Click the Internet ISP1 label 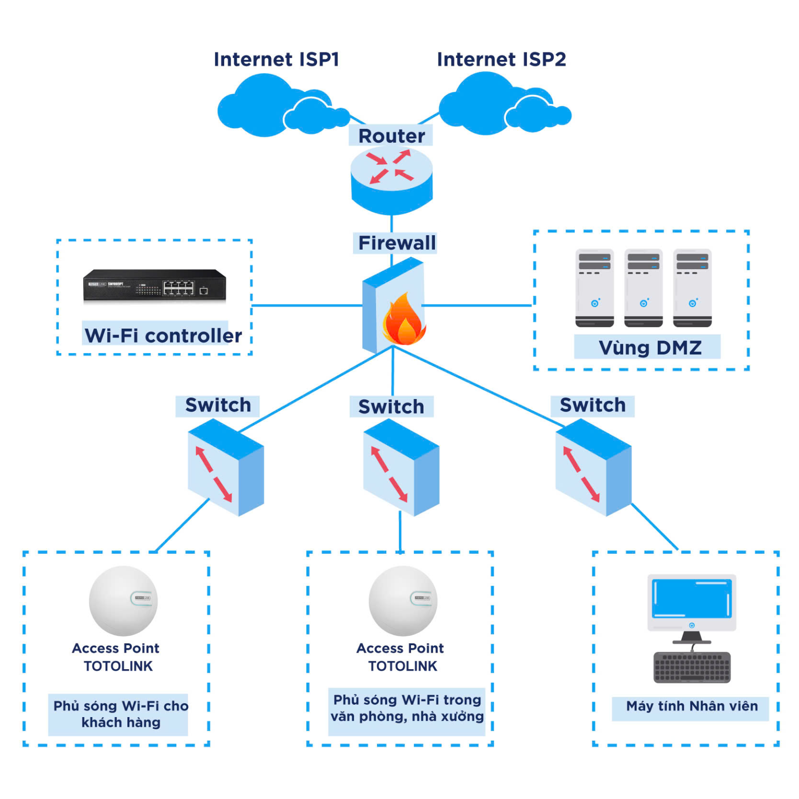point(276,59)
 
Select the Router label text point(391,136)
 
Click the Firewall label point(396,243)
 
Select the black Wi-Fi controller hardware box point(154,286)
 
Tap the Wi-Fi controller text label point(163,335)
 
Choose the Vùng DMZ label point(649,347)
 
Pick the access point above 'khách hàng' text point(123,601)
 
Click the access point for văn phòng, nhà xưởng point(402,601)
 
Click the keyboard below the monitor point(691,667)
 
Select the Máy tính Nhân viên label point(692,706)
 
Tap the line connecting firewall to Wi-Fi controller point(305,305)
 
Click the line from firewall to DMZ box point(477,305)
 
